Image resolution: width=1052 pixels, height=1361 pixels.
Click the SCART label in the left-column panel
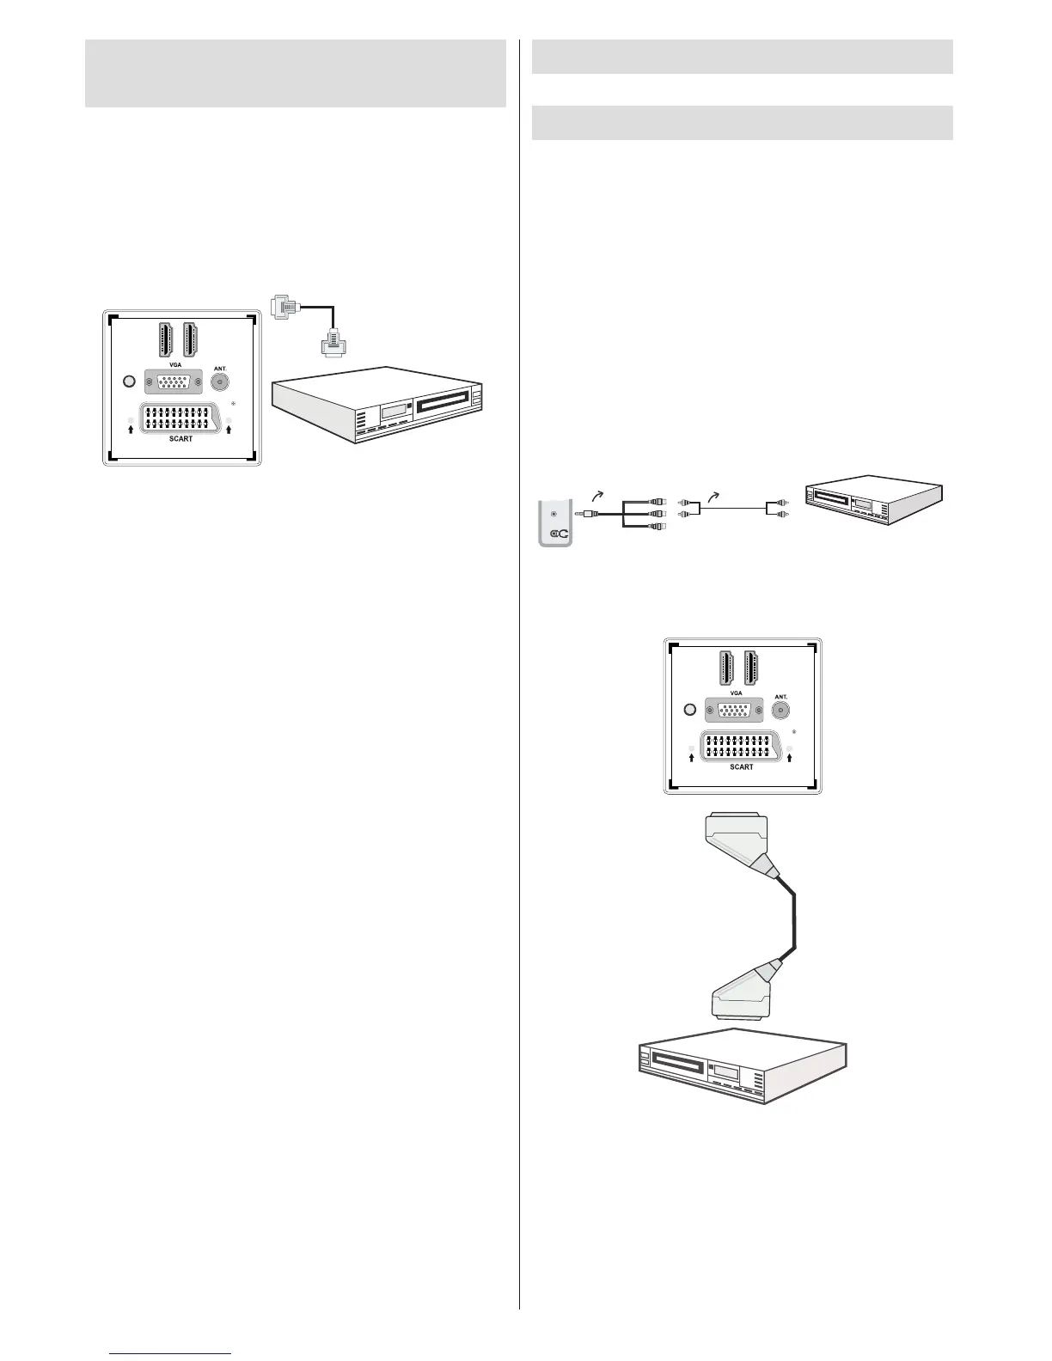pos(180,439)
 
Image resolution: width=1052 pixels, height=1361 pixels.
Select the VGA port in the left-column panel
pos(174,382)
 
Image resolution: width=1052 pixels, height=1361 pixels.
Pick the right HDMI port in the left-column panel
pos(192,339)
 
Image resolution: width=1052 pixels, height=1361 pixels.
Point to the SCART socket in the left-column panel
pos(180,418)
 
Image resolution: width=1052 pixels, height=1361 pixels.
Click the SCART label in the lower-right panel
pos(741,766)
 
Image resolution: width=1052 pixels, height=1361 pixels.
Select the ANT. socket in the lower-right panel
pos(780,710)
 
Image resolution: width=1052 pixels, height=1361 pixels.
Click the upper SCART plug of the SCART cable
pos(737,842)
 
